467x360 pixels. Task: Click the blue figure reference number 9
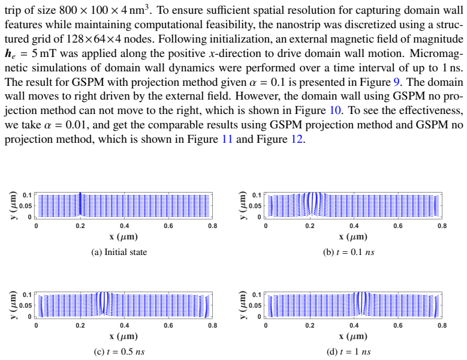click(x=397, y=82)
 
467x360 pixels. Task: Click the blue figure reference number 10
click(x=335, y=110)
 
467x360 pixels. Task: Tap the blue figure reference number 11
click(x=227, y=139)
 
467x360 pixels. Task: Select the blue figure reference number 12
click(x=297, y=139)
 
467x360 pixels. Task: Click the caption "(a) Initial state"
click(x=119, y=252)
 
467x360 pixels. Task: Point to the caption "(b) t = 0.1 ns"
click(x=349, y=252)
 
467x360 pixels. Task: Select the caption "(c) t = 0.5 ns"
click(x=119, y=352)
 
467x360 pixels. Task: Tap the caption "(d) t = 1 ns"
click(x=349, y=352)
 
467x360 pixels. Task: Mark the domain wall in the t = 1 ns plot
click(x=361, y=304)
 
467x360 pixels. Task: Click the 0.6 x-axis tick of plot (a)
click(x=168, y=226)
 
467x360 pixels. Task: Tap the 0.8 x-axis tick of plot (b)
click(x=442, y=226)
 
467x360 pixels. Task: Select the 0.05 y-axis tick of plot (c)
click(x=25, y=305)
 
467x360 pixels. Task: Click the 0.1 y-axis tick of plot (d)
click(x=257, y=295)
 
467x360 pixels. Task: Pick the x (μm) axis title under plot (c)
click(x=123, y=336)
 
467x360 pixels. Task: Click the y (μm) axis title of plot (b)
click(x=243, y=205)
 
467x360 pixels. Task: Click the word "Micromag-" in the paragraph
click(x=436, y=53)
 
